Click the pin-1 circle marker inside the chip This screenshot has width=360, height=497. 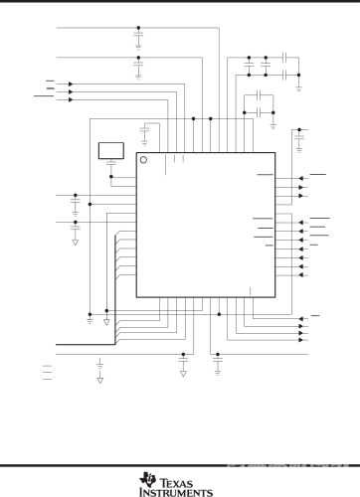click(x=143, y=161)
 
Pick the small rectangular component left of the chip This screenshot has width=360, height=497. click(x=109, y=150)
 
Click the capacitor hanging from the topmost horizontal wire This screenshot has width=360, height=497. click(x=138, y=41)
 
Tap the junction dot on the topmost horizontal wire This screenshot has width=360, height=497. click(x=138, y=28)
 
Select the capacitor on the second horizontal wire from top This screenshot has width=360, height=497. click(x=138, y=72)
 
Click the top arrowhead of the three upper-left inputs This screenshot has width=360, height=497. click(x=70, y=83)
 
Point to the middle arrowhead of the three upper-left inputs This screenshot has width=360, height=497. click(x=70, y=91)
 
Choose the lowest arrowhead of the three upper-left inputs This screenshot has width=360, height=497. click(x=70, y=99)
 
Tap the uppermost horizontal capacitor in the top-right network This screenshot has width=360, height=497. click(x=285, y=57)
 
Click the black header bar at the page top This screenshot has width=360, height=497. click(x=180, y=3)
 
